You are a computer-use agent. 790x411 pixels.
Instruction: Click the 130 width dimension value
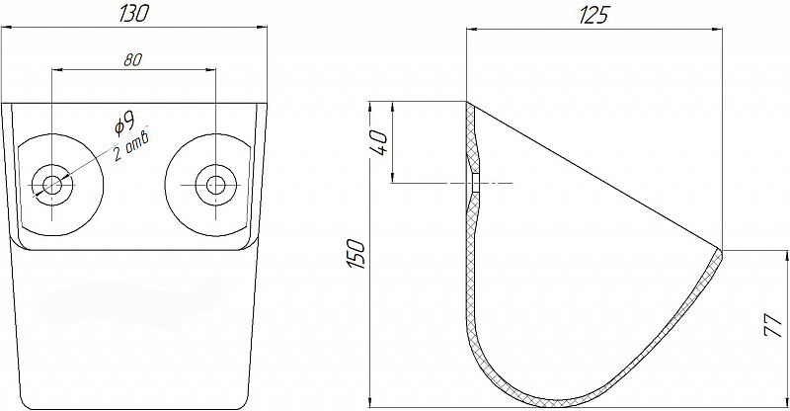tap(133, 13)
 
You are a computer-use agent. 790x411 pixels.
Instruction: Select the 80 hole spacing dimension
tap(133, 60)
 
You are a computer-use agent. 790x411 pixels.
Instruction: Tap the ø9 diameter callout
tap(124, 123)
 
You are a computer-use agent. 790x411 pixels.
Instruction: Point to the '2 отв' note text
tap(130, 147)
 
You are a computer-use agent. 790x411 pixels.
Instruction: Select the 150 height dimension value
tap(356, 253)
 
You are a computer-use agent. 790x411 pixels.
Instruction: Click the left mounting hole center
tap(52, 185)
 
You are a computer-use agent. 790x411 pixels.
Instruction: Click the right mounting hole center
tap(216, 185)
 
